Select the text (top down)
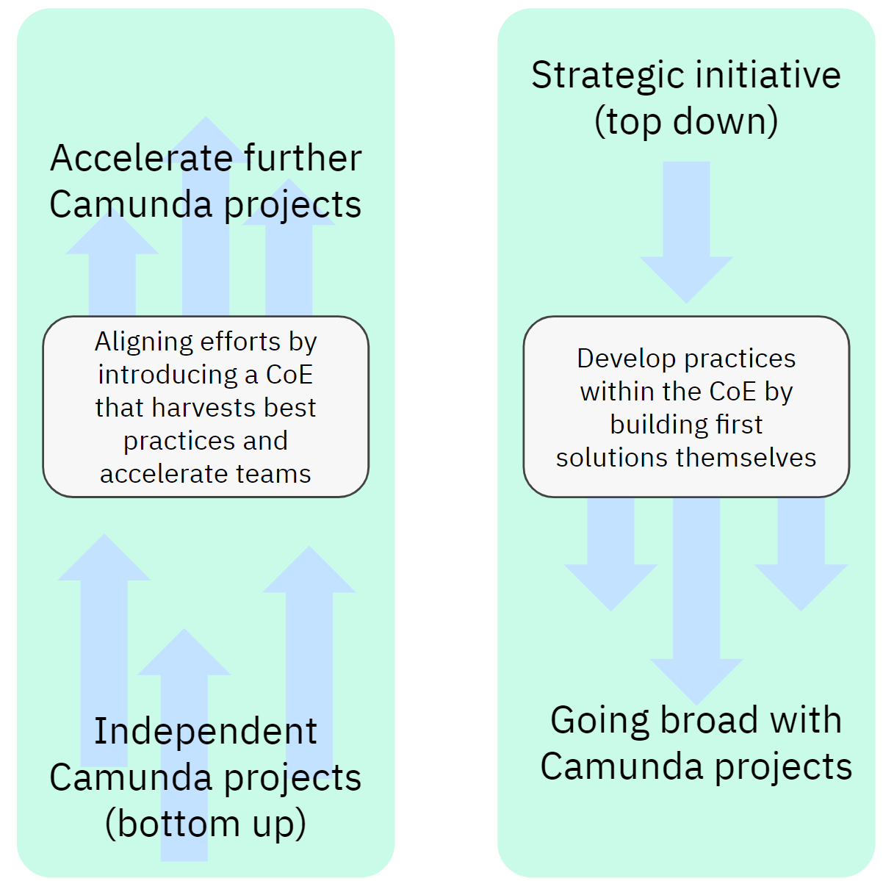[x=686, y=122]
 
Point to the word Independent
[x=206, y=732]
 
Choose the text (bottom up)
[x=206, y=824]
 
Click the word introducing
[x=168, y=375]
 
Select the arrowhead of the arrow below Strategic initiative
[x=686, y=279]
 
